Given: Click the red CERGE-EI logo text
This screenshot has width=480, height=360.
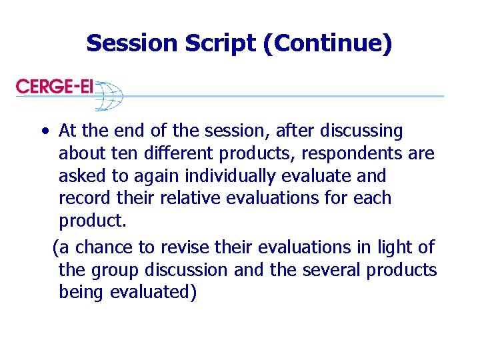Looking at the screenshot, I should click(55, 87).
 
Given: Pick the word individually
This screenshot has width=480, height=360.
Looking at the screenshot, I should click(221, 177).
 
